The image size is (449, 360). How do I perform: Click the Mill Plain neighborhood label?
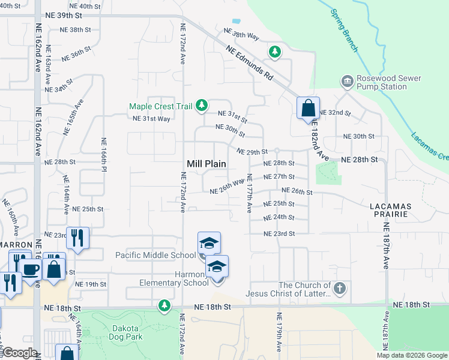206,163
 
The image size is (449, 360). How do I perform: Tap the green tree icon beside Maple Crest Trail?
202,106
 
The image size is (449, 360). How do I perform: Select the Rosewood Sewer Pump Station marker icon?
347,81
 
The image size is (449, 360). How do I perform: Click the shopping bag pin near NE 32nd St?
308,109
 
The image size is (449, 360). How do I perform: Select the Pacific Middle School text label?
155,255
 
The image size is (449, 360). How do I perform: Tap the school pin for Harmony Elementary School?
217,267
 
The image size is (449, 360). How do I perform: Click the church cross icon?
340,288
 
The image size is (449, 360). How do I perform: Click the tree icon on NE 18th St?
164,307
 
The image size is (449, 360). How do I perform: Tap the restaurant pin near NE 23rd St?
78,238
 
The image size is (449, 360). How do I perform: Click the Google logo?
20,353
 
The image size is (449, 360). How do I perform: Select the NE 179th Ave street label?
279,333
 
